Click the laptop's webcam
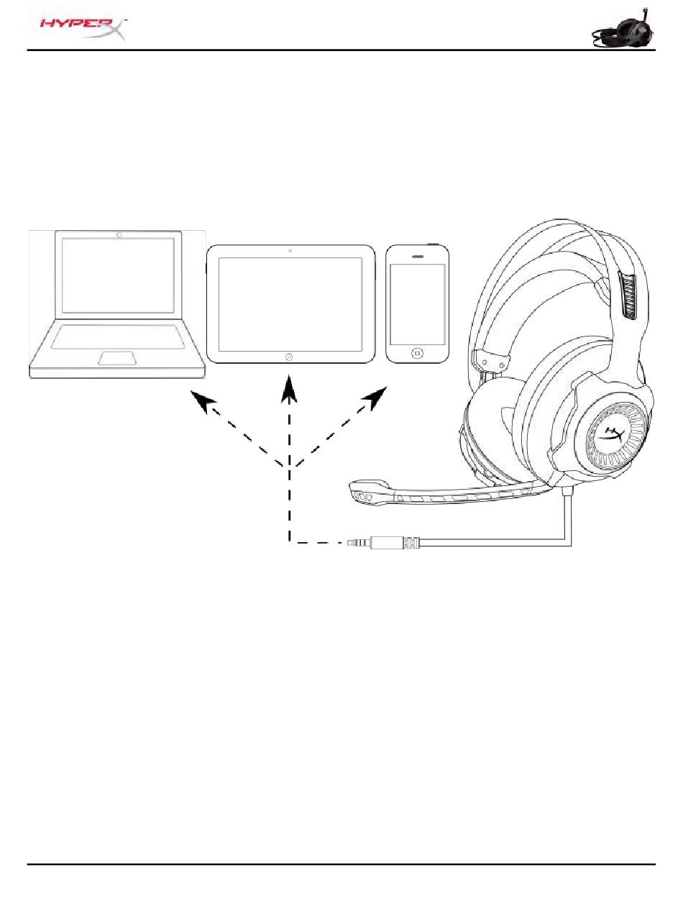click(x=119, y=234)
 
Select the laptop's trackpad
click(x=119, y=357)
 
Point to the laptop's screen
click(x=119, y=275)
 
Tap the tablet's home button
click(x=289, y=356)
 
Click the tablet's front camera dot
click(x=289, y=251)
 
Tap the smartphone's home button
click(x=418, y=353)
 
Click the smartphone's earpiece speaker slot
click(x=418, y=255)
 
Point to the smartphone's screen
click(x=418, y=303)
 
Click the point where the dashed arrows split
click(x=289, y=467)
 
